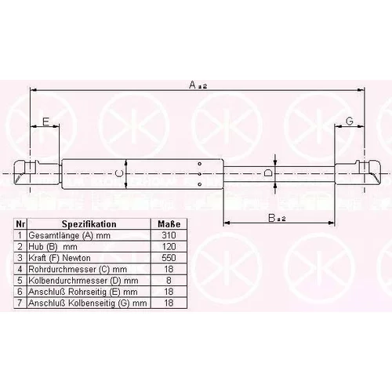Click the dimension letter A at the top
[x=192, y=85]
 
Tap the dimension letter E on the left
[x=46, y=122]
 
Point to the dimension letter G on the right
[x=350, y=121]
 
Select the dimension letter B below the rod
[x=272, y=218]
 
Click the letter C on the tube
[x=119, y=173]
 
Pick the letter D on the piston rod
[x=268, y=173]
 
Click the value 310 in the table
[x=169, y=235]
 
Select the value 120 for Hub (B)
[x=169, y=246]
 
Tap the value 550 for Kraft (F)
[x=169, y=258]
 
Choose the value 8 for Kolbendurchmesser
[x=169, y=280]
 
